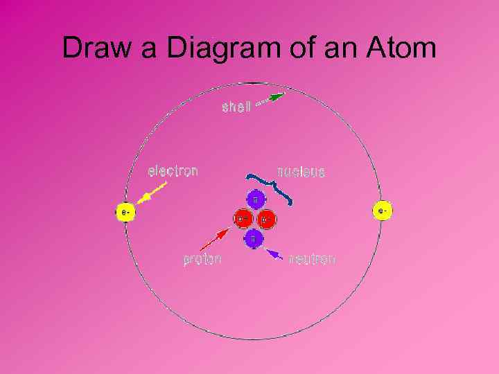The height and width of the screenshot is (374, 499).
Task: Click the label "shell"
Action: [x=236, y=108]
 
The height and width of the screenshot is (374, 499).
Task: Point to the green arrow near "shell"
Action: [x=271, y=99]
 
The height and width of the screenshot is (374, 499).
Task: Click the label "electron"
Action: [x=173, y=170]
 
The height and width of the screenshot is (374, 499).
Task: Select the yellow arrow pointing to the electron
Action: [x=152, y=193]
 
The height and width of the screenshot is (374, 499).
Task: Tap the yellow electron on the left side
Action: [x=124, y=212]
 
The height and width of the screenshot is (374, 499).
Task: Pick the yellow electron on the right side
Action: [x=382, y=209]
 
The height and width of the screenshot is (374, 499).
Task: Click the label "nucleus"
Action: [x=301, y=171]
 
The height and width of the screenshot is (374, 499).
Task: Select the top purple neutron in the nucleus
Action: [x=254, y=199]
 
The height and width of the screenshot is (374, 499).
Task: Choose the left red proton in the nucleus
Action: [x=243, y=219]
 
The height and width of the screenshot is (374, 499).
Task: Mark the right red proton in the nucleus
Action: [x=266, y=219]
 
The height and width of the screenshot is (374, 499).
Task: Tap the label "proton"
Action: [x=202, y=260]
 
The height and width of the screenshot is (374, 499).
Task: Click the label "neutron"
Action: [x=312, y=259]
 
